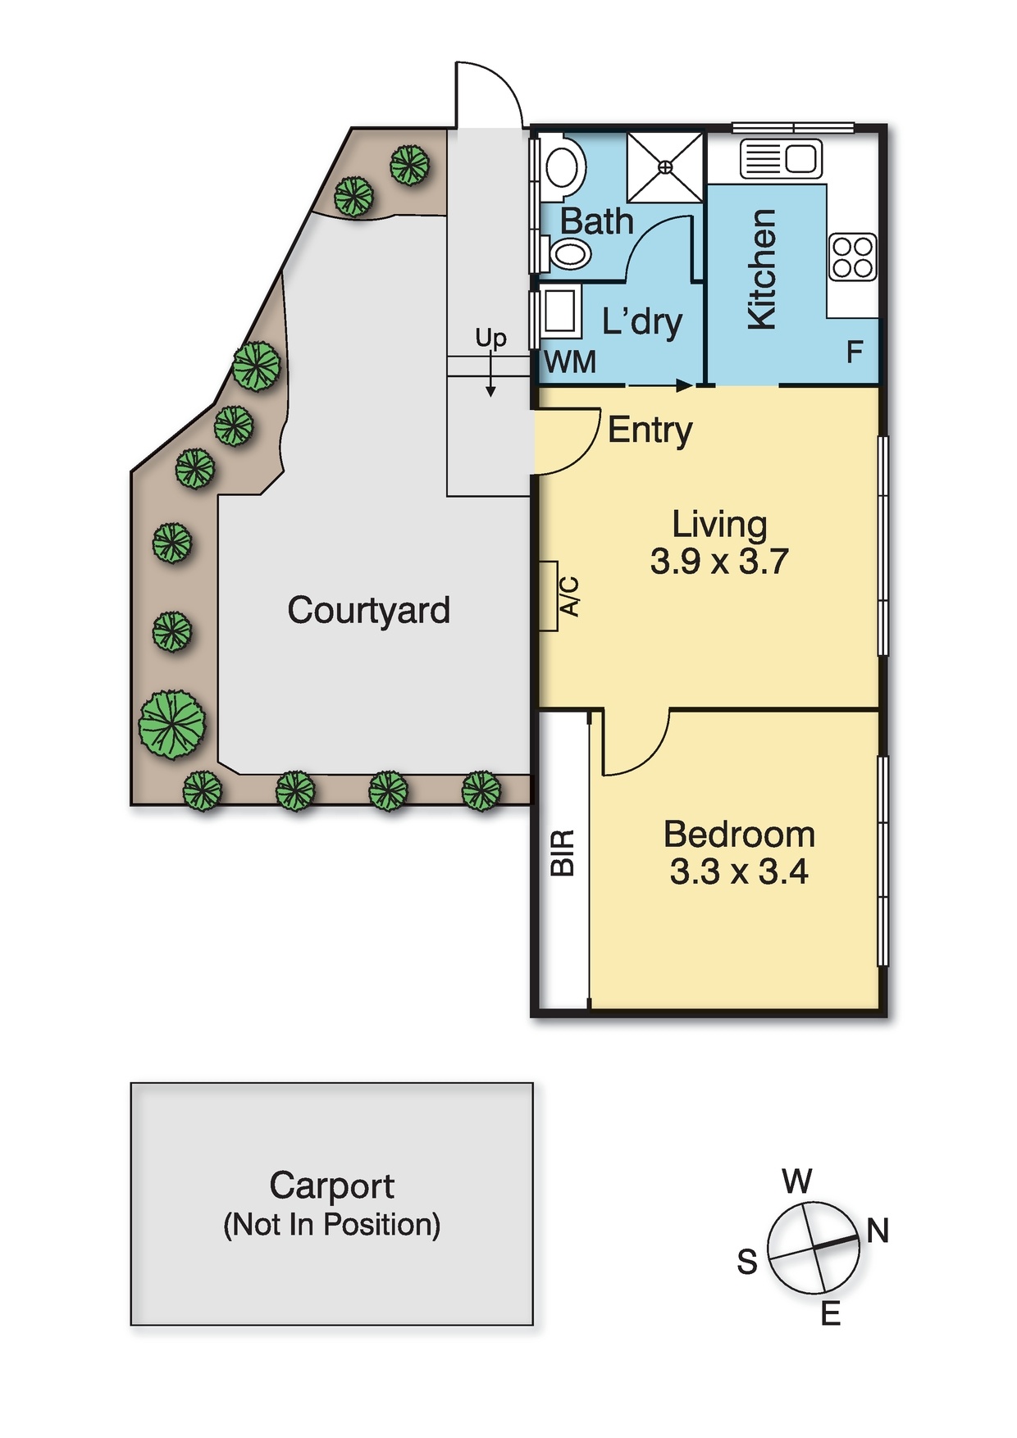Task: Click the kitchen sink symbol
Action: click(781, 158)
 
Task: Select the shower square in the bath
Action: click(665, 167)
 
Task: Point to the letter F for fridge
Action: click(855, 353)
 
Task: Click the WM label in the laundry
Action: click(570, 362)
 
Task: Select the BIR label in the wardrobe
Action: click(563, 853)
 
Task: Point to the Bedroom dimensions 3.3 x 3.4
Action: click(739, 871)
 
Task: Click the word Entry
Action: click(650, 430)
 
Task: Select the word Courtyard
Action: click(368, 611)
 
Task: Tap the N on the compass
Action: click(878, 1231)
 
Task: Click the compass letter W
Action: click(796, 1181)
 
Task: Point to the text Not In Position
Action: click(332, 1225)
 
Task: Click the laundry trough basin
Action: click(559, 310)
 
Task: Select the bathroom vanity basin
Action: click(571, 253)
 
